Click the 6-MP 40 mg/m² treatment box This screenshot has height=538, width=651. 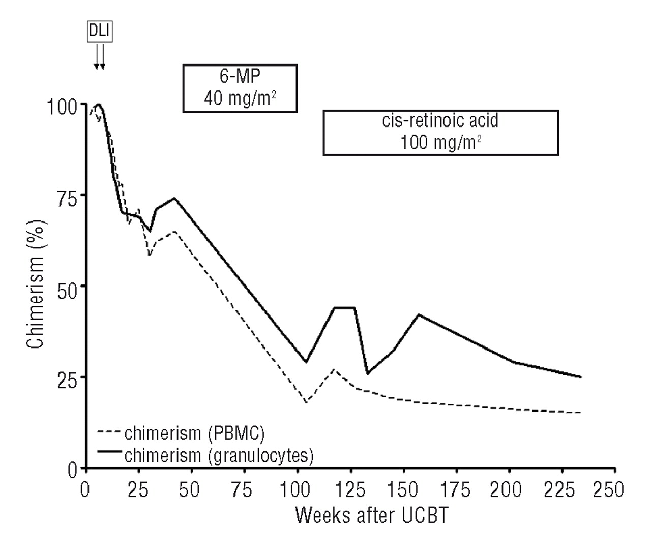240,88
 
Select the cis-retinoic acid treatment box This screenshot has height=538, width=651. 440,133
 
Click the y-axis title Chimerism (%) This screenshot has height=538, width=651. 36,284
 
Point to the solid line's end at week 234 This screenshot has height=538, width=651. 580,377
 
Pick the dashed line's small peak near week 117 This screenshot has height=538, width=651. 334,370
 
